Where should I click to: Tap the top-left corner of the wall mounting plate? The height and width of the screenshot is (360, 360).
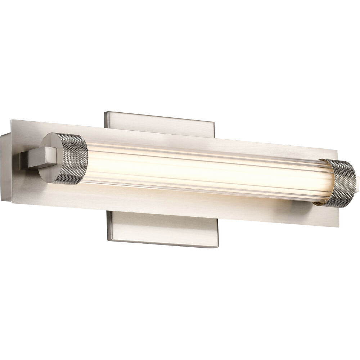coord(105,112)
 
